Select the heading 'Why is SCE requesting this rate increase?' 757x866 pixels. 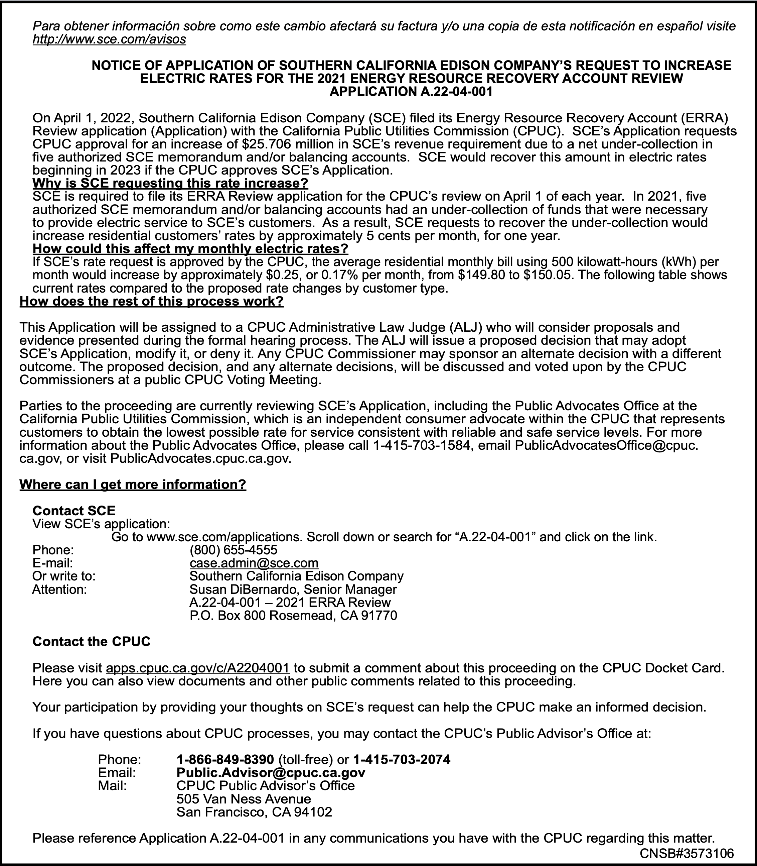point(170,184)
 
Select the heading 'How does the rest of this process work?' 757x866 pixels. point(152,302)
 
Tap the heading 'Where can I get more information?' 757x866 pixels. point(133,484)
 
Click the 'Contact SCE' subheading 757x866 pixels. point(74,511)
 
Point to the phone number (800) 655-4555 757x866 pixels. point(233,550)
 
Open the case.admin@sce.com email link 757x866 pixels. point(254,563)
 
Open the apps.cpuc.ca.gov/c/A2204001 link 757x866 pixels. point(198,668)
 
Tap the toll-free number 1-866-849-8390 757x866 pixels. point(225,760)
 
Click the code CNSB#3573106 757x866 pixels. point(687,853)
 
